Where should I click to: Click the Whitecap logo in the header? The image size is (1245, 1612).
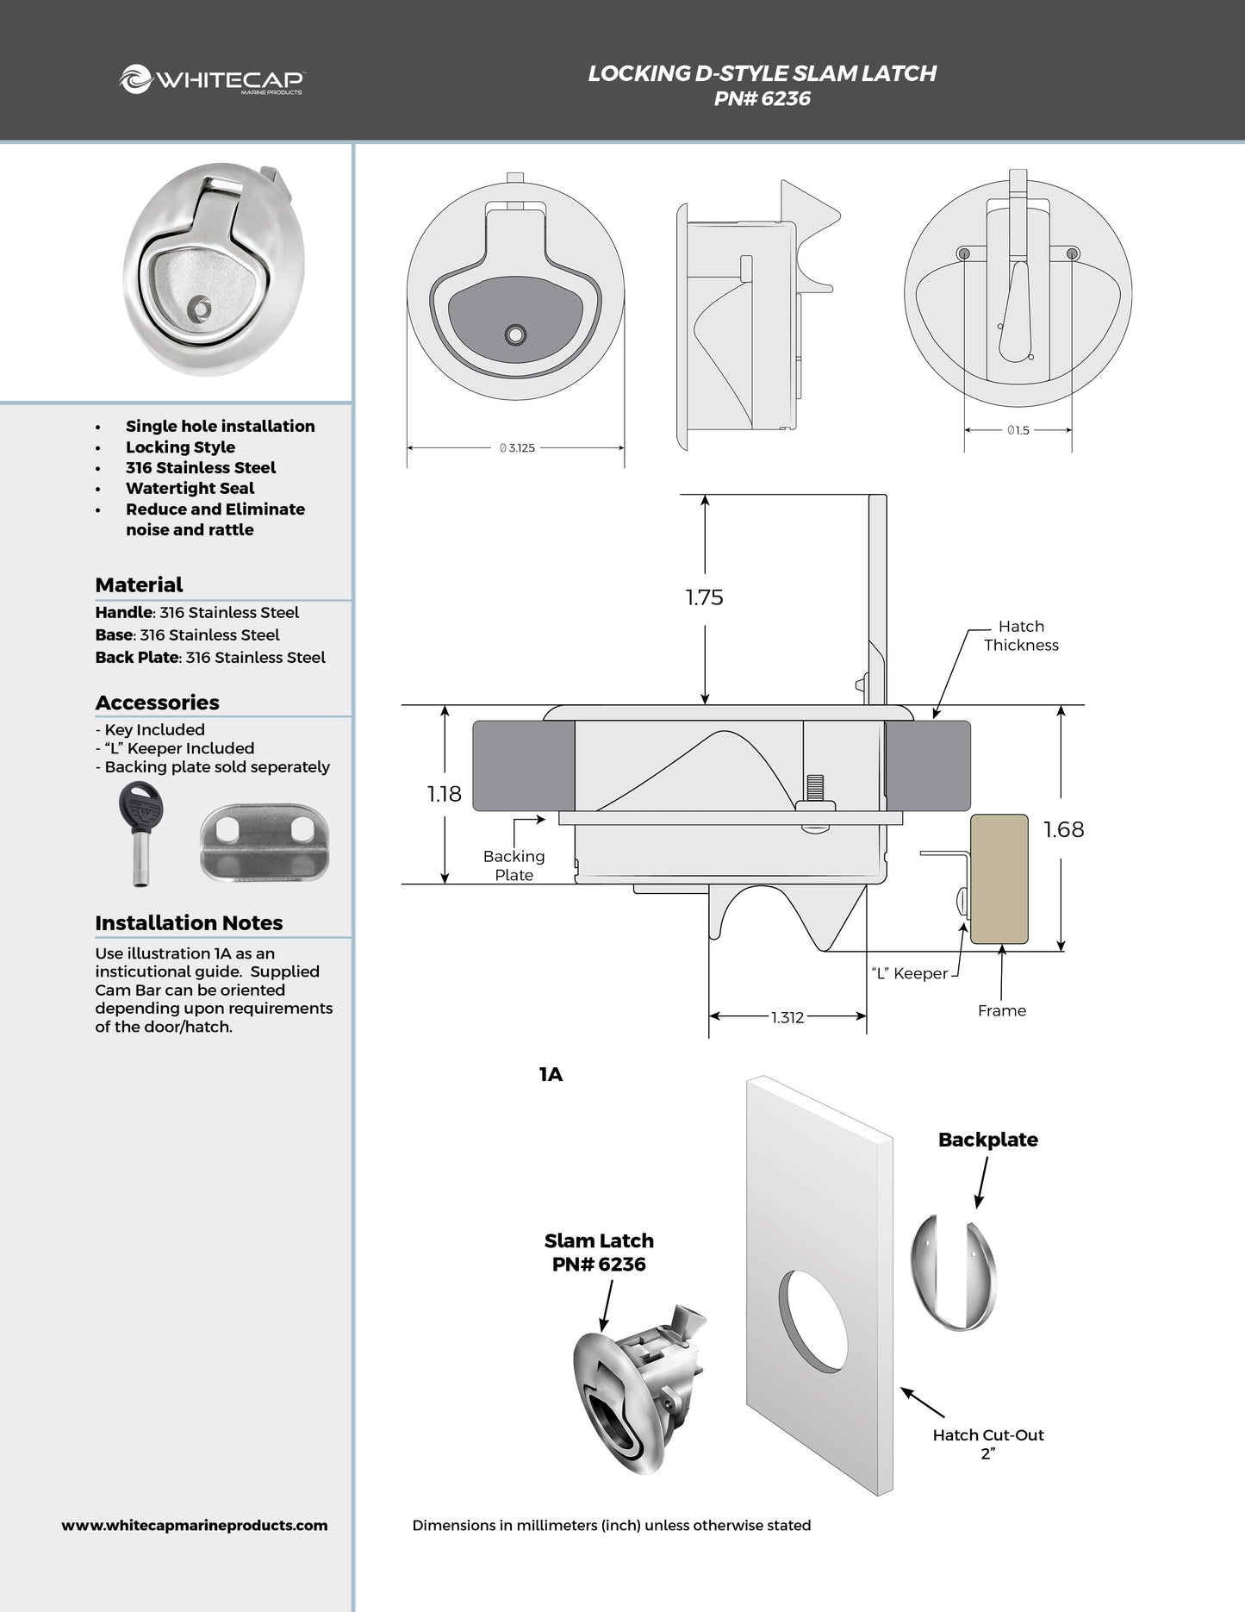[212, 80]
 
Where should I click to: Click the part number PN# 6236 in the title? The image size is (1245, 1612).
[762, 98]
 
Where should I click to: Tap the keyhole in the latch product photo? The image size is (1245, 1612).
[201, 307]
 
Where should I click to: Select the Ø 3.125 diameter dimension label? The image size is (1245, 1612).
[517, 448]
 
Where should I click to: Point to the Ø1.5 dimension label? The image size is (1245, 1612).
[1018, 430]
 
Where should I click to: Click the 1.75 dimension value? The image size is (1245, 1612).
[704, 597]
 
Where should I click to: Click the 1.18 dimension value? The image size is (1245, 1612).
[445, 794]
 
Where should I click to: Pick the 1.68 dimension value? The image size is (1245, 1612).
[1063, 829]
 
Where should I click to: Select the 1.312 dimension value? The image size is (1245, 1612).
[787, 1017]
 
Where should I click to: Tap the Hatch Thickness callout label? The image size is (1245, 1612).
[1021, 635]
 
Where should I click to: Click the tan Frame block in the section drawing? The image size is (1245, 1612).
[999, 879]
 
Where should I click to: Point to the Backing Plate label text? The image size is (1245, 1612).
[514, 865]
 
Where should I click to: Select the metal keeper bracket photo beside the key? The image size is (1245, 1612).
[265, 840]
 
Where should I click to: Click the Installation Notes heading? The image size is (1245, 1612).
[189, 922]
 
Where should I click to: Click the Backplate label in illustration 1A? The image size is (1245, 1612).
[987, 1140]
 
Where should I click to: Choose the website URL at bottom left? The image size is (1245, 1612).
[195, 1525]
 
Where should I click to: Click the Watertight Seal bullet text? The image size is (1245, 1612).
[190, 488]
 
